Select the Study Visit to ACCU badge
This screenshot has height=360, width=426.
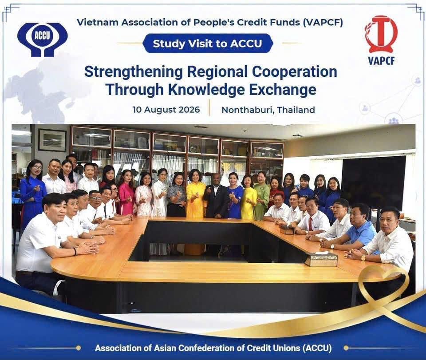point(208,44)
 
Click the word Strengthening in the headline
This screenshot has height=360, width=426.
point(134,72)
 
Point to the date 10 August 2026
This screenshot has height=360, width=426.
point(166,110)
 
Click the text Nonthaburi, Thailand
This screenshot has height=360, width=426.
point(268,110)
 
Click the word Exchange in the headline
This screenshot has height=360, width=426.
point(283,89)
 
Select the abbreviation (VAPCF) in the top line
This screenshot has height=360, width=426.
point(322,22)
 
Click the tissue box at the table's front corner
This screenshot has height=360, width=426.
point(321,259)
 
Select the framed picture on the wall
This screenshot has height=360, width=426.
point(52,140)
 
